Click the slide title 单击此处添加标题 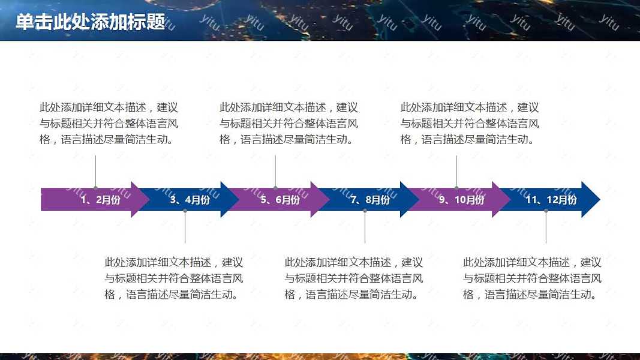[x=90, y=22]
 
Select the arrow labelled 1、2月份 [x=96, y=199]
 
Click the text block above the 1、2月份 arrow [x=109, y=124]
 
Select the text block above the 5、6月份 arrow [x=289, y=124]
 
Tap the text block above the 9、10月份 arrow [x=470, y=124]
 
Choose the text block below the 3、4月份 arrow [x=173, y=278]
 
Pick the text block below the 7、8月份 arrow [x=353, y=278]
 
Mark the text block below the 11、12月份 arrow [x=532, y=278]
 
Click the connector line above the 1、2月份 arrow [x=95, y=172]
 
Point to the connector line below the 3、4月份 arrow [x=185, y=227]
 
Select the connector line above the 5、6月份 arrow [x=275, y=172]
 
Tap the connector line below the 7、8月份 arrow [x=365, y=227]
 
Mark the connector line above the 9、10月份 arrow [x=456, y=172]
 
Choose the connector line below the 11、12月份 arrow [x=546, y=227]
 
